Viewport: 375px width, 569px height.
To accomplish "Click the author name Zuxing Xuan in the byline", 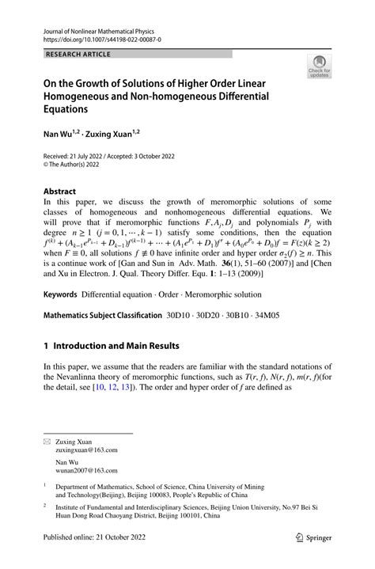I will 118,136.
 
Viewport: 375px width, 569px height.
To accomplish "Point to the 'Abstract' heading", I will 59,192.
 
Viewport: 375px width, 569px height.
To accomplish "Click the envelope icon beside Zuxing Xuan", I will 47,439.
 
